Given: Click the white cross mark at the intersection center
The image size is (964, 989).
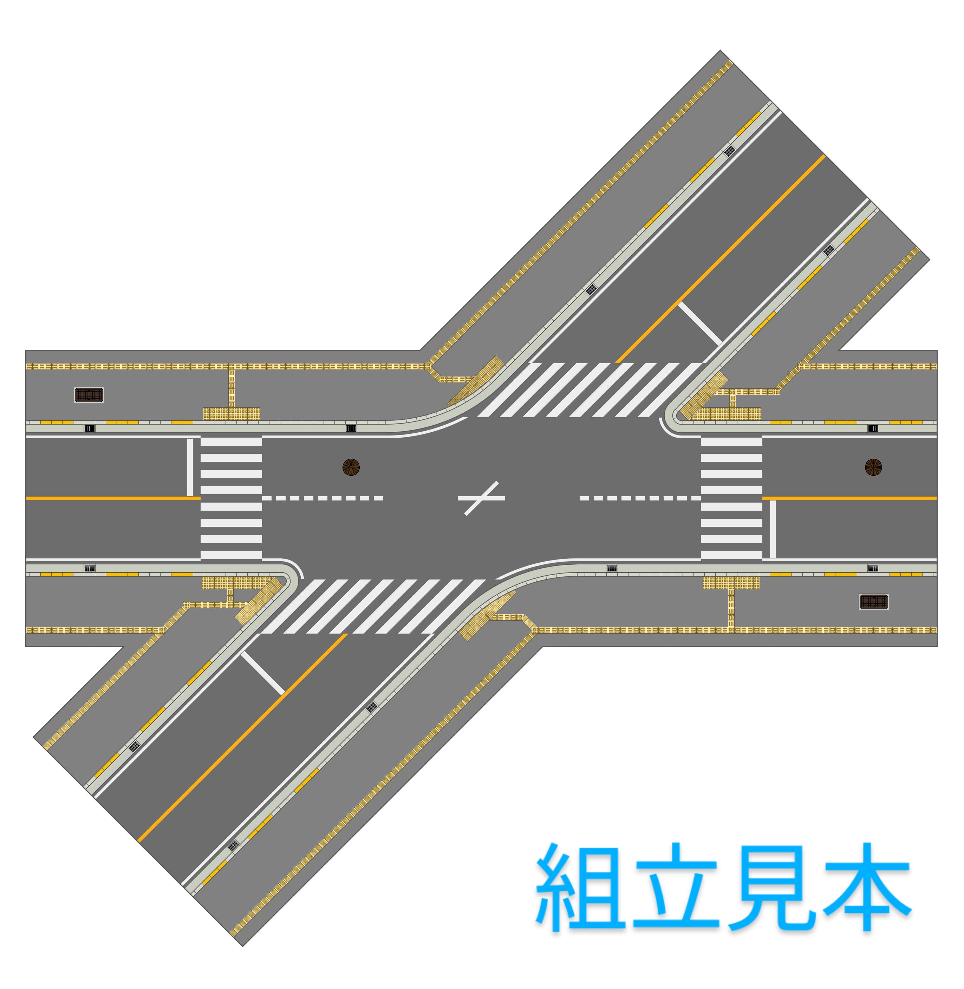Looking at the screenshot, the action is tap(481, 499).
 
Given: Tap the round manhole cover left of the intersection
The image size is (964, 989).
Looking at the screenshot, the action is tap(351, 467).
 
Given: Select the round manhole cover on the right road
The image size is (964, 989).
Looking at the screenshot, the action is tap(873, 467).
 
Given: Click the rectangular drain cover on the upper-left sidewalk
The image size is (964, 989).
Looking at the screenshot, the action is tap(89, 395).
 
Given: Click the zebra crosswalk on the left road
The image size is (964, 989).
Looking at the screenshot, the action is tap(232, 499).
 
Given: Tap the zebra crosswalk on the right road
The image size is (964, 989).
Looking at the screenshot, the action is tap(731, 499).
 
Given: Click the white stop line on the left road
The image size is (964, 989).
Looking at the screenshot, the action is tap(190, 467).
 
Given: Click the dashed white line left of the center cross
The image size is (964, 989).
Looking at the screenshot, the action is tap(323, 499).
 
